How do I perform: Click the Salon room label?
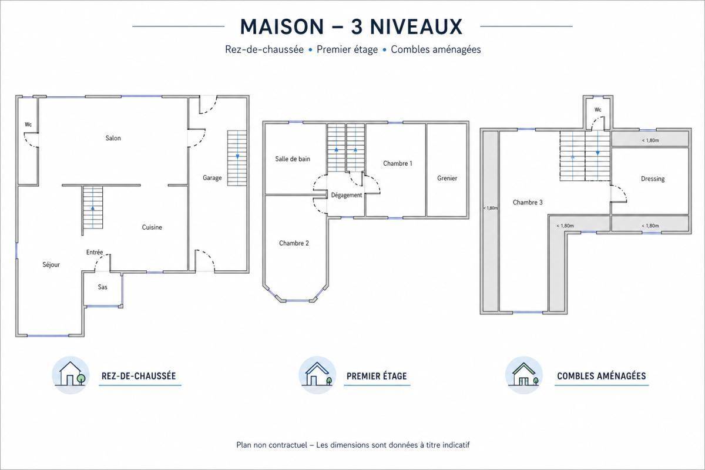point(113,138)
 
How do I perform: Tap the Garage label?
point(212,178)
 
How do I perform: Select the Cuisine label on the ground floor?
point(152,227)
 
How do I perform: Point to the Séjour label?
point(51,265)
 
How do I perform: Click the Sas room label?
point(103,287)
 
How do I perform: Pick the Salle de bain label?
point(293,159)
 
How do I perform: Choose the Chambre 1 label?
point(398,163)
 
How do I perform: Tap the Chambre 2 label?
point(294,243)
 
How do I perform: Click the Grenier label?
point(447,179)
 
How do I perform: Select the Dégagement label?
point(347,196)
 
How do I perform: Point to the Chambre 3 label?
point(528,203)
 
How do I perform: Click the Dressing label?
point(653,179)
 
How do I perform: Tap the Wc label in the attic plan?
point(598,109)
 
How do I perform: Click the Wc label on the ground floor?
point(28,125)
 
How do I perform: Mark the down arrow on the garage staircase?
point(237,156)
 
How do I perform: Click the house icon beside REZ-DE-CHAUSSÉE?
point(70,375)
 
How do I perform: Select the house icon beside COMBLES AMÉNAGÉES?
point(524,375)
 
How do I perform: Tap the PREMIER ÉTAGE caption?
point(377,376)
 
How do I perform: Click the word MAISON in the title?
point(282,27)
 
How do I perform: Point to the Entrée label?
point(95,253)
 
